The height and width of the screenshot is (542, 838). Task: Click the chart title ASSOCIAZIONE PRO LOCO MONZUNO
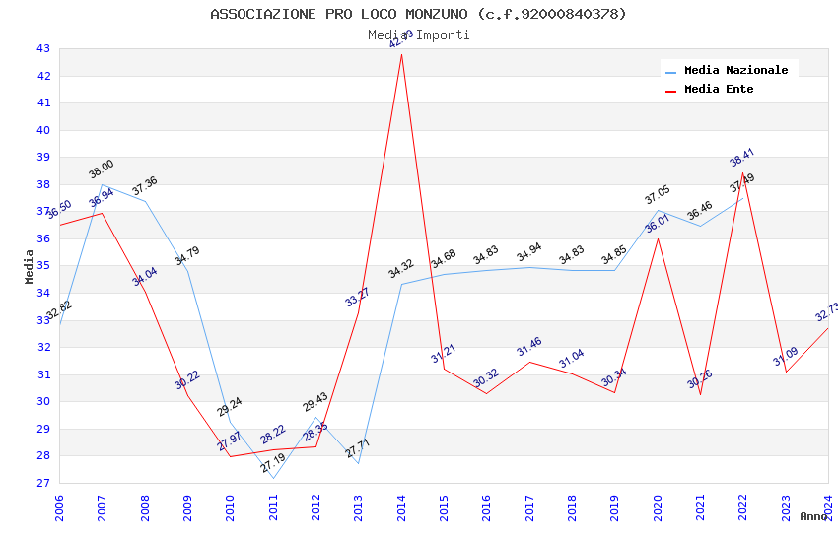(418, 14)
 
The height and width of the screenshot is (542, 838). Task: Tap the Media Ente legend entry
(719, 90)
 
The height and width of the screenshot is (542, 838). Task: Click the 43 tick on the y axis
(42, 48)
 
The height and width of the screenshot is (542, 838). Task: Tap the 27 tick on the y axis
(42, 483)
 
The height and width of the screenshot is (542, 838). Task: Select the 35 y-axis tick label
(42, 266)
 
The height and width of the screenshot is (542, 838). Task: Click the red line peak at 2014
(401, 54)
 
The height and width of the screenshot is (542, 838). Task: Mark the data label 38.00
(102, 169)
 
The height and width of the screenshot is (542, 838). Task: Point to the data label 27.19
(273, 463)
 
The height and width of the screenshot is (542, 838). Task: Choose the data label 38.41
(742, 158)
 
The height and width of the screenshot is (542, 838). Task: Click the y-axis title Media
(30, 266)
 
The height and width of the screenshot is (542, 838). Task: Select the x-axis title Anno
(813, 516)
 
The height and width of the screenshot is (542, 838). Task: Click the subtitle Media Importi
(418, 35)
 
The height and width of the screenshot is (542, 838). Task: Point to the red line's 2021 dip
(700, 394)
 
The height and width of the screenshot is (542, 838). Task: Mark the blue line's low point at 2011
(273, 479)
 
